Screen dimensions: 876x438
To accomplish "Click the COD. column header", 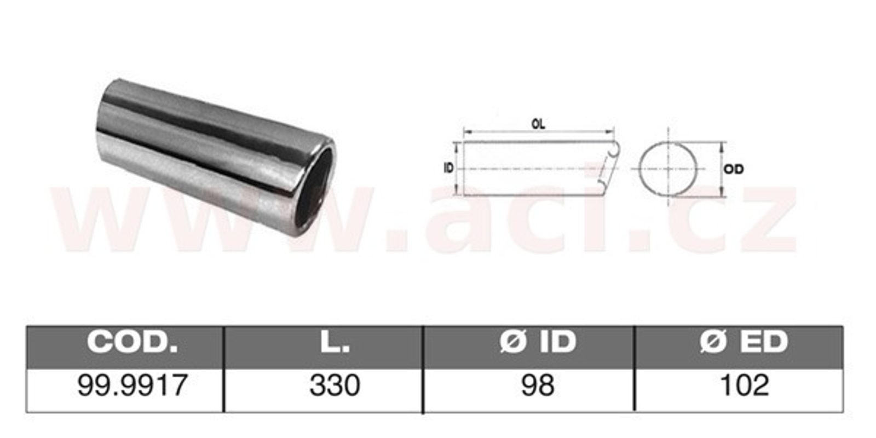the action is (x=132, y=342).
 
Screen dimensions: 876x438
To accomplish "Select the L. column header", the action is (x=335, y=342).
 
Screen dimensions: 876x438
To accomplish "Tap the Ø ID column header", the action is (x=538, y=342).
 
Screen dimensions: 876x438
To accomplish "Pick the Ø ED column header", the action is (x=744, y=342).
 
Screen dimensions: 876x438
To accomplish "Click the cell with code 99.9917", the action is (x=132, y=385).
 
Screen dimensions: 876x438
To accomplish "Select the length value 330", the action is (x=335, y=385).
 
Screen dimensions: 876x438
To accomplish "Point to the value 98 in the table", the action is (x=538, y=385).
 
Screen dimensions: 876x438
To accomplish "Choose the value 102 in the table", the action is (x=744, y=385).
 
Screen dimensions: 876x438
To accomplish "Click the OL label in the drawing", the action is (x=538, y=124).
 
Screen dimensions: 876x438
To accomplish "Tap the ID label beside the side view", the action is (x=448, y=168).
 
